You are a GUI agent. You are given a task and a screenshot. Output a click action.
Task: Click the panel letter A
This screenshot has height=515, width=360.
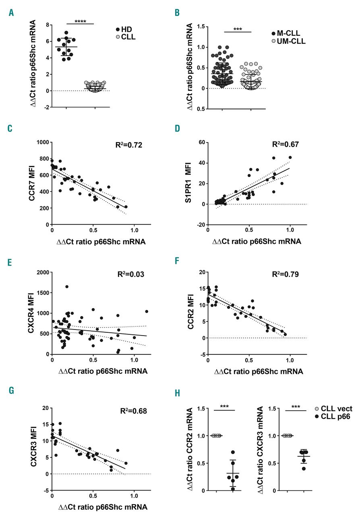(x=11, y=13)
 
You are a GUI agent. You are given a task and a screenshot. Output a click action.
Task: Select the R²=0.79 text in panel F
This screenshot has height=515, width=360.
(x=280, y=276)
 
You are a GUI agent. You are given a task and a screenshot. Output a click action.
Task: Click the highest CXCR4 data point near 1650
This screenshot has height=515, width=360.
(x=67, y=286)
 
